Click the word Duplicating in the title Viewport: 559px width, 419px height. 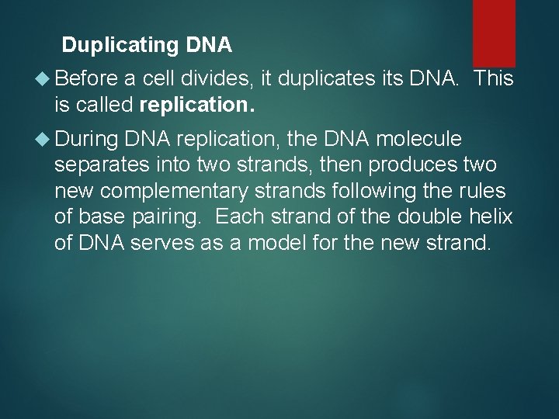[x=121, y=46]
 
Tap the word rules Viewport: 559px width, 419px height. [x=484, y=192]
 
